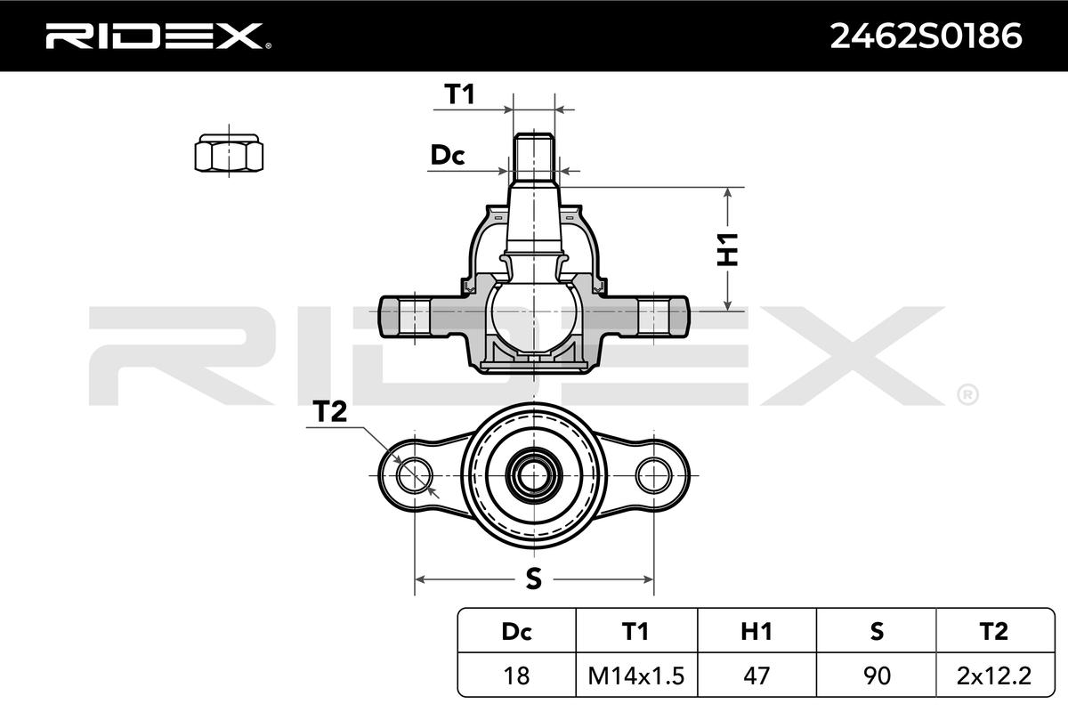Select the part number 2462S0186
(x=926, y=36)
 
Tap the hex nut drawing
(x=230, y=152)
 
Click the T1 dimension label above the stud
(x=459, y=94)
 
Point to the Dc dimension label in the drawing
(x=448, y=156)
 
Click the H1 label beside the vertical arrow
(x=729, y=249)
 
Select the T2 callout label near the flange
(x=328, y=411)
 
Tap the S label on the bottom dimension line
(x=533, y=579)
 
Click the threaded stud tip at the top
(x=534, y=144)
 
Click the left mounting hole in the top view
(x=413, y=474)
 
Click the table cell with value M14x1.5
(x=635, y=676)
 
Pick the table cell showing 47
(x=756, y=676)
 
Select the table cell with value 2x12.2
(x=994, y=676)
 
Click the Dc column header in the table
(x=516, y=631)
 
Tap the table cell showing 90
(x=876, y=676)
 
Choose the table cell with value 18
(x=516, y=676)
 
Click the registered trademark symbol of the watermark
(x=967, y=393)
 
